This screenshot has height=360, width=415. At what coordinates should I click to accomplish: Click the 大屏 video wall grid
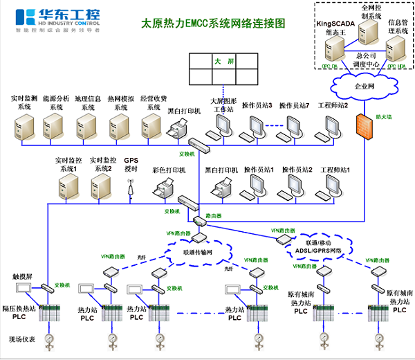(216, 69)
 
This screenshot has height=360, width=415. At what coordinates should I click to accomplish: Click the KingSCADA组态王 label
(334, 26)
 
